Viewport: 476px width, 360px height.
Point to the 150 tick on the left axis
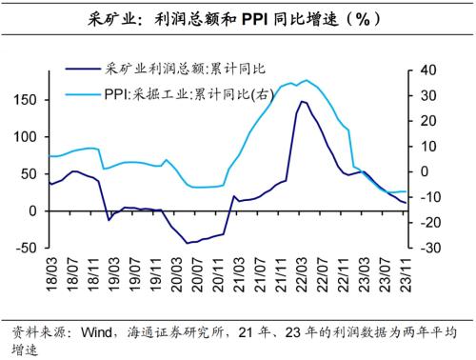click(x=26, y=100)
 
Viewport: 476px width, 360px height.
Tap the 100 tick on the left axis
click(x=26, y=137)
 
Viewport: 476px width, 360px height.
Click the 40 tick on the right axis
click(x=425, y=70)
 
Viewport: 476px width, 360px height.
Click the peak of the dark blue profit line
click(x=302, y=101)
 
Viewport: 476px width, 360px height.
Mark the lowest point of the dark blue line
click(x=188, y=243)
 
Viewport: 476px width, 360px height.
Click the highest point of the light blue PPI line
click(x=305, y=80)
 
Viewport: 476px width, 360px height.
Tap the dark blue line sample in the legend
click(x=87, y=69)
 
